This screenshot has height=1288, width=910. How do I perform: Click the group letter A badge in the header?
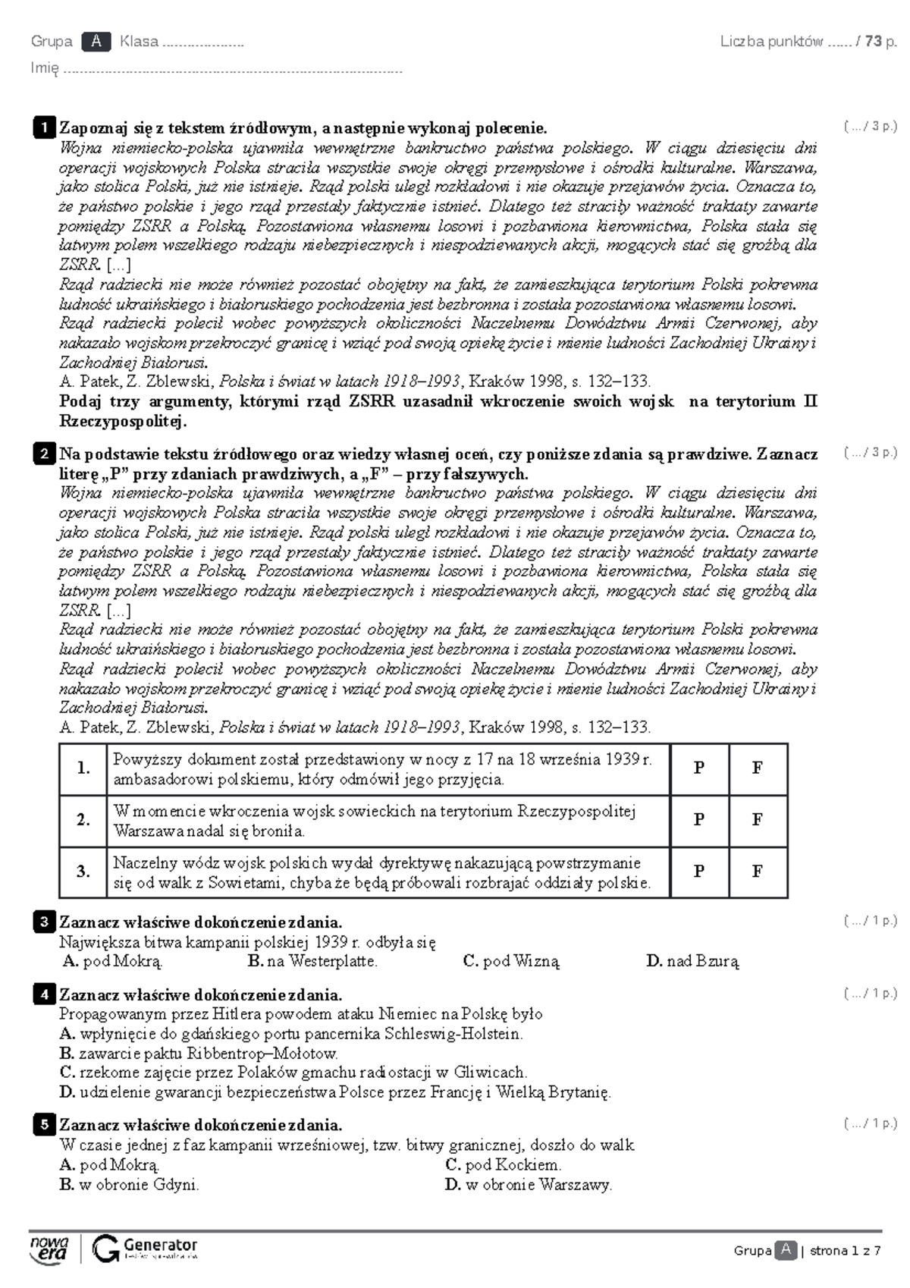(x=96, y=42)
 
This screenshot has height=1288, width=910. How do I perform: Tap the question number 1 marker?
(x=44, y=127)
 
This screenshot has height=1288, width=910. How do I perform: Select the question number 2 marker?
(x=44, y=454)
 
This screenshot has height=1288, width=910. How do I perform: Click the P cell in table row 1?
(x=699, y=768)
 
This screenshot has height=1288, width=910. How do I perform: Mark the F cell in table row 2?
(x=757, y=820)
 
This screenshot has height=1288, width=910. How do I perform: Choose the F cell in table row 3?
(x=757, y=872)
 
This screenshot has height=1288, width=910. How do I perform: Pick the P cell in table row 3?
(x=699, y=872)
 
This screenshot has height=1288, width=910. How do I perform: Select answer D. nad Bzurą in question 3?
(x=692, y=961)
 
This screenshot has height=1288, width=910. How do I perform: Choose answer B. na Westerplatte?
(x=312, y=961)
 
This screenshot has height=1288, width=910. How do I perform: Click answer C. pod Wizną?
(x=511, y=961)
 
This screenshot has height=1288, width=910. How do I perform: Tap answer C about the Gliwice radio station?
(x=293, y=1073)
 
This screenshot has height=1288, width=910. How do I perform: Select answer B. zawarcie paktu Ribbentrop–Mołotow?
(x=199, y=1053)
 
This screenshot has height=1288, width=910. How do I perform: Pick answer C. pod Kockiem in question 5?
(x=503, y=1164)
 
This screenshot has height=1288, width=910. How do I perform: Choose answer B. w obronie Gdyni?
(x=129, y=1184)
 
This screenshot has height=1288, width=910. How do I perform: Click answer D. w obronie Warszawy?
(x=528, y=1184)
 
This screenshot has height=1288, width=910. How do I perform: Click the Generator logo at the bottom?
(x=145, y=1249)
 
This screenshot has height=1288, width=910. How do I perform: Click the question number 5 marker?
(x=44, y=1125)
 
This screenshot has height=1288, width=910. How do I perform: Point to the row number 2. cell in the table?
(x=83, y=820)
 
